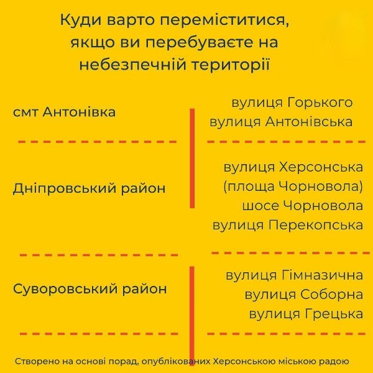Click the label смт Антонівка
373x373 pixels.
coord(64,112)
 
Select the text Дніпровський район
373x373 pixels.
coord(89,188)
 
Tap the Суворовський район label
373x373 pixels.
coord(90,289)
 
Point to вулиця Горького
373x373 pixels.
coord(292,103)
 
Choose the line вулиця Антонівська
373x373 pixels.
coord(281,122)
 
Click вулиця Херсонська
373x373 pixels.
coord(293,167)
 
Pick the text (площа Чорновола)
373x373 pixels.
coord(293,186)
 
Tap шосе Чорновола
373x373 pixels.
coord(303,206)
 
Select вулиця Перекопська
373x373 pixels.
coord(288,225)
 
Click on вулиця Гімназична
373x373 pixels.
coord(295,275)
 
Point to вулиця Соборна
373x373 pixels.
coord(304,295)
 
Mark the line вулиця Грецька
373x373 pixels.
coord(306,314)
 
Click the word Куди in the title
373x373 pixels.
coord(81,21)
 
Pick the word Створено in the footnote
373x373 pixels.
coord(37,362)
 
